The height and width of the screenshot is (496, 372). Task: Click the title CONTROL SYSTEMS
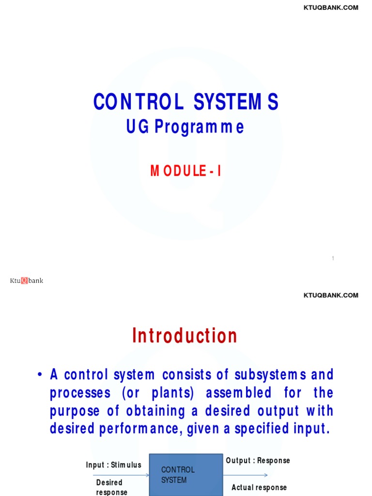(x=186, y=102)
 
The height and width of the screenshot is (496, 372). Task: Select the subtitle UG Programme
(x=185, y=127)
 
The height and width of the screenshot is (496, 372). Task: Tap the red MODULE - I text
(x=186, y=171)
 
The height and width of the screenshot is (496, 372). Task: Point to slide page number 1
(x=333, y=259)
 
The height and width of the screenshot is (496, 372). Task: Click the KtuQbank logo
(x=27, y=280)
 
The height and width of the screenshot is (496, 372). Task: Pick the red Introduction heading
(x=185, y=336)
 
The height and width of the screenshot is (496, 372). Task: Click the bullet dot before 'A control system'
(x=40, y=375)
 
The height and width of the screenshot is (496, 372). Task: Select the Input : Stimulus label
(x=114, y=465)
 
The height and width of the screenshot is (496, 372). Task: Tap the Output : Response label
(x=258, y=461)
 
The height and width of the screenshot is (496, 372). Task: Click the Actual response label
(x=259, y=488)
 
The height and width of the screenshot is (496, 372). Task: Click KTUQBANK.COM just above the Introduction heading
(x=331, y=295)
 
